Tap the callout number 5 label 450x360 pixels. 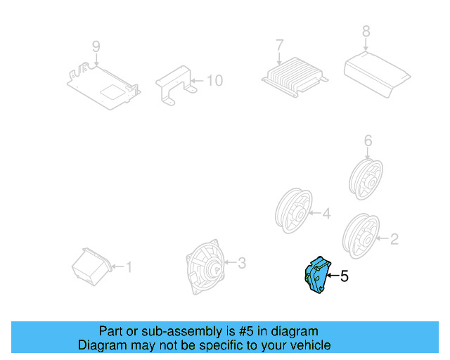tap(345, 277)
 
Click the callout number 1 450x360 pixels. tap(128, 266)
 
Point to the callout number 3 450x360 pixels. tap(241, 264)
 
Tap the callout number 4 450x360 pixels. tap(326, 213)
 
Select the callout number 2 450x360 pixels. tap(394, 240)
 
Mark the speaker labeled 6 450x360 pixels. tap(367, 176)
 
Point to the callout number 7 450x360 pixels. tap(279, 44)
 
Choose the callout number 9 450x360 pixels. tap(96, 46)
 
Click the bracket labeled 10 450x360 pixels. tap(176, 84)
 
